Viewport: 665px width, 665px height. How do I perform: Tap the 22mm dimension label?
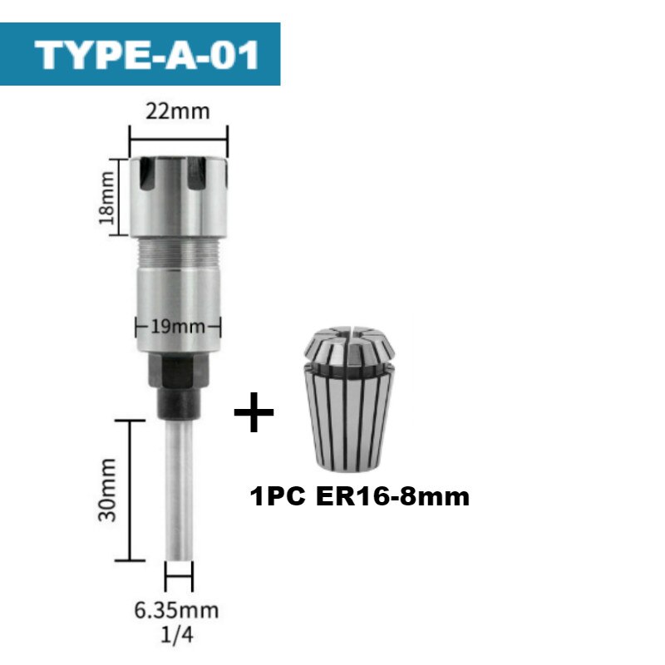point(179,111)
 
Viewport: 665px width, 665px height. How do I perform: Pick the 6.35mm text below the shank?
point(177,611)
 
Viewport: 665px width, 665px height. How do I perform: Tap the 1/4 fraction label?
point(177,636)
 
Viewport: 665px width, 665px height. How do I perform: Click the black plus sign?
point(254,413)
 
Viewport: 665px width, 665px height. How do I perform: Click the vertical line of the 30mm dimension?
point(130,490)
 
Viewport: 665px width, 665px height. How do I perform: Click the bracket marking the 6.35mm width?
point(179,574)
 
